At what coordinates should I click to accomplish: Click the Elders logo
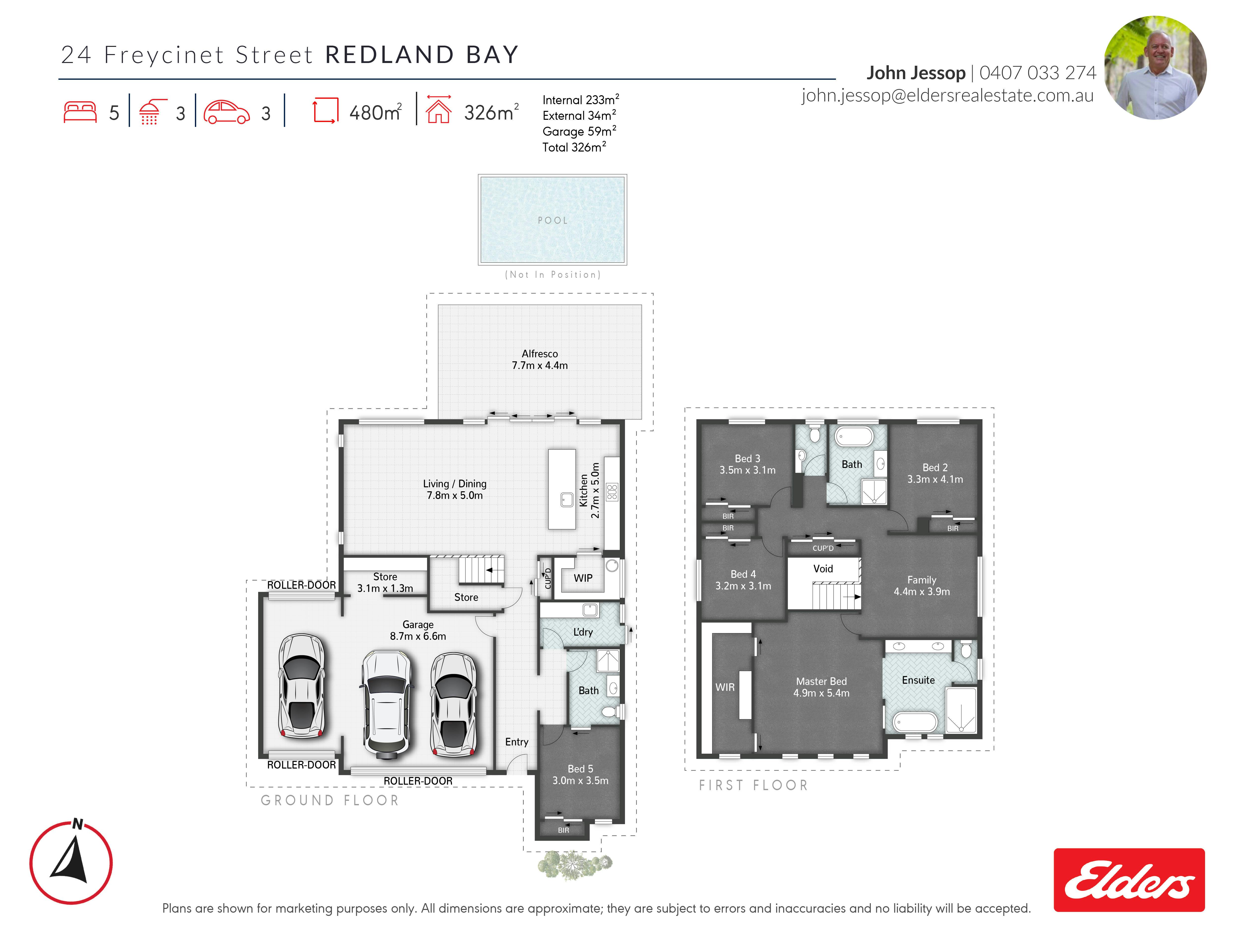click(1129, 880)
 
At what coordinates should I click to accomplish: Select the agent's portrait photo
click(1155, 67)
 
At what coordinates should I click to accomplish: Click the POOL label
click(553, 220)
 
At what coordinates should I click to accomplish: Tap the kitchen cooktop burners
click(612, 492)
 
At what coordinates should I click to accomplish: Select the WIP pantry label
click(583, 578)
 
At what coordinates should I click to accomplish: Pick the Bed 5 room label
click(580, 769)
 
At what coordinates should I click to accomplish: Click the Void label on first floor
click(823, 568)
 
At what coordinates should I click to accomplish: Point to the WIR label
click(725, 687)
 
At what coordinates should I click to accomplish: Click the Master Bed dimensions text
click(821, 693)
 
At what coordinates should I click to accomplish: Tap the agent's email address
click(947, 96)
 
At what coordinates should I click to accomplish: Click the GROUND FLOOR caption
click(330, 801)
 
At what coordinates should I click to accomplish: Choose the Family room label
click(922, 580)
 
